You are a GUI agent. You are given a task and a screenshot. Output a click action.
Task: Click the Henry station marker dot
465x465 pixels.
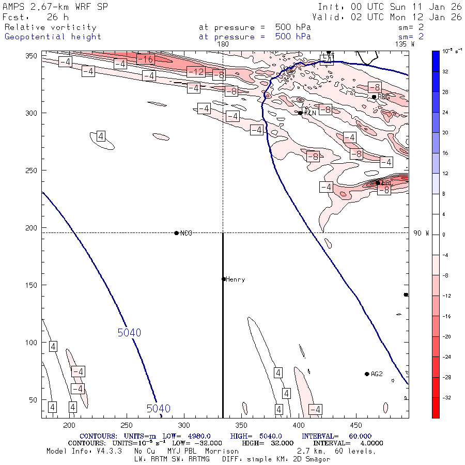(x=224, y=279)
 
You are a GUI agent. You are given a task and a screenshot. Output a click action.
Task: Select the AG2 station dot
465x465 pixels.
(x=367, y=374)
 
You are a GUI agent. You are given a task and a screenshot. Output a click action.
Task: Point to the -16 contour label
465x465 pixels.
(x=146, y=59)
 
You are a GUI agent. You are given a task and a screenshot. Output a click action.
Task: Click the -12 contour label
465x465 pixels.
(x=196, y=71)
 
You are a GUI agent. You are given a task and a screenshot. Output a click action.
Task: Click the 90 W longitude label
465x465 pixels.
(x=421, y=234)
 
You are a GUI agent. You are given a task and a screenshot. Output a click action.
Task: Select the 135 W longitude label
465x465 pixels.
(x=404, y=44)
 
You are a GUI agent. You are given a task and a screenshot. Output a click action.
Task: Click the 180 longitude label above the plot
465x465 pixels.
(x=223, y=44)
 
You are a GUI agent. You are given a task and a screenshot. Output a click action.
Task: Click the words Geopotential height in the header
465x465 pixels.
(x=53, y=37)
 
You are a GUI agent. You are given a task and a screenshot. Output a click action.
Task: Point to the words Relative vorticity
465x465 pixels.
(x=50, y=27)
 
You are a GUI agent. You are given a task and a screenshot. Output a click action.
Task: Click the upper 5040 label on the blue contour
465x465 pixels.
(x=129, y=333)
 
